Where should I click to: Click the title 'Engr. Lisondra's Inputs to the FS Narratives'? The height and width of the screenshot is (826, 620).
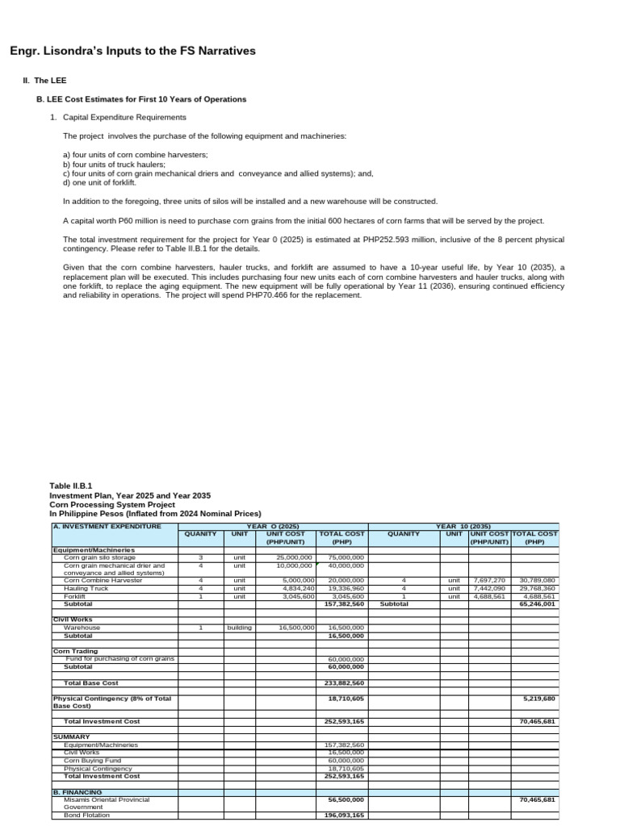pos(132,51)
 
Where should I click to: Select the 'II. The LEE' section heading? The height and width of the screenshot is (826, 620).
pos(45,81)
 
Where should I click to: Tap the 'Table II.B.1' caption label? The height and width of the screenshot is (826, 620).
pos(71,486)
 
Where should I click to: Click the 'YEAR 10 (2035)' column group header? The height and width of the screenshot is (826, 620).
pos(463,526)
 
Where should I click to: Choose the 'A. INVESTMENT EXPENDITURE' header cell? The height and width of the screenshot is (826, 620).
pos(107,526)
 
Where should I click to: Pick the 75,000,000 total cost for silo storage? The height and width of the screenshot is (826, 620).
pos(346,557)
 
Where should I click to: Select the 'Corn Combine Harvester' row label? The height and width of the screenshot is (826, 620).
pos(103,580)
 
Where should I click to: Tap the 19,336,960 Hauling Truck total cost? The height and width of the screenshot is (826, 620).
pos(346,589)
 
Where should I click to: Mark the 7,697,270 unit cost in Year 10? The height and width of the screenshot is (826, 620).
pos(488,580)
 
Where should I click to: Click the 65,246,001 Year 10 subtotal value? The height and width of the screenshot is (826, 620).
pos(538,603)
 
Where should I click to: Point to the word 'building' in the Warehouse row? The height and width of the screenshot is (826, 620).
pos(240,627)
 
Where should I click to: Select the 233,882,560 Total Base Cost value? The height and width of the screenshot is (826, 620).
pos(346,682)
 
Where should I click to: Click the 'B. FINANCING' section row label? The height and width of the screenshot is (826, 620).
pos(77,791)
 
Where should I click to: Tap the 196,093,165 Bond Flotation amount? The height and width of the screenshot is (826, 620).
pos(346,815)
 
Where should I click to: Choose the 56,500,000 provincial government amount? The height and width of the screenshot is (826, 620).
pos(346,799)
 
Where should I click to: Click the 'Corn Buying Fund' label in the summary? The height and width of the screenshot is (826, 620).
pos(92,760)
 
